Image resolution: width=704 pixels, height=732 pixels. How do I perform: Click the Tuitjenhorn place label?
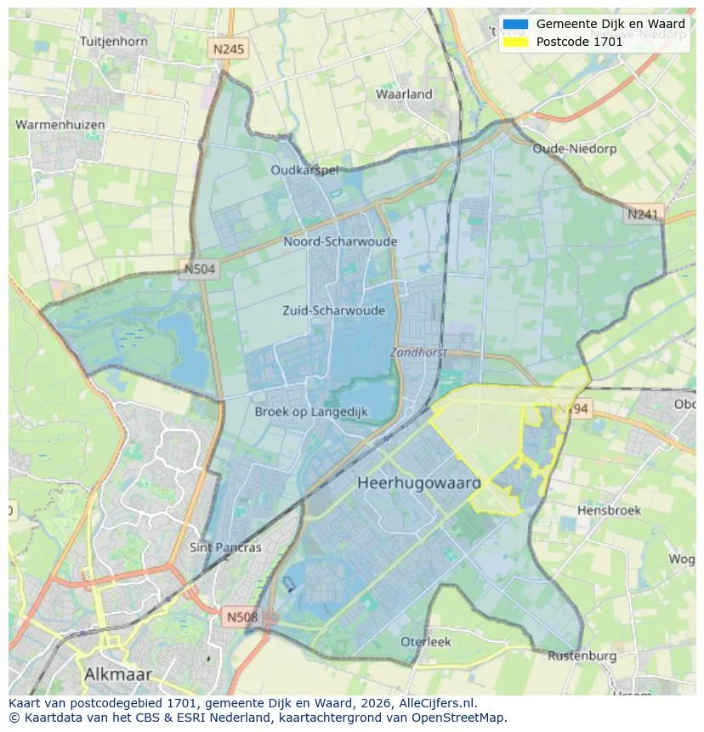(x=113, y=41)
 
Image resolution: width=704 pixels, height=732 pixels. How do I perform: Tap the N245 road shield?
(x=229, y=49)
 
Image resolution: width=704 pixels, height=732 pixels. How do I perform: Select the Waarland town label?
(x=404, y=94)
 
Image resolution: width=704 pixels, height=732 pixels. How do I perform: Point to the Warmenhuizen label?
(x=60, y=125)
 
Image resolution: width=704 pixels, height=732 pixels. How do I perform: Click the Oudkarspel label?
(x=304, y=170)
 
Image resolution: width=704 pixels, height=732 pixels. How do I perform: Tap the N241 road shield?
(x=643, y=215)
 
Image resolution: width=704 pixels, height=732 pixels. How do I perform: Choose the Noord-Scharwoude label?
(x=340, y=241)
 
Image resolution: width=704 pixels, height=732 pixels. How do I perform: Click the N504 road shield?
(x=200, y=270)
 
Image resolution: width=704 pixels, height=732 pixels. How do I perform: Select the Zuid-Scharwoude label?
(x=333, y=310)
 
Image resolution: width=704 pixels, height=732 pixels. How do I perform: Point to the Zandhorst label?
(x=418, y=352)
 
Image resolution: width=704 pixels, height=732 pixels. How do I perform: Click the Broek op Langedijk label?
(x=311, y=411)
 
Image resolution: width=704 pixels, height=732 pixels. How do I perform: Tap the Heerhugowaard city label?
(x=419, y=482)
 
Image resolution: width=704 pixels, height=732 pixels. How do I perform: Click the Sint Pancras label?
(x=225, y=548)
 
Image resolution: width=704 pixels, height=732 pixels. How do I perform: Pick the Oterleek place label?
(x=426, y=642)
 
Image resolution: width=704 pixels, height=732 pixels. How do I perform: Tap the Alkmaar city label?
(x=118, y=674)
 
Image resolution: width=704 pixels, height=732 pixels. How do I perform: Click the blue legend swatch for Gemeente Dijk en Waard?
(x=515, y=25)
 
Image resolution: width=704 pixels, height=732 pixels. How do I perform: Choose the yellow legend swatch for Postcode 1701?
(x=515, y=41)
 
